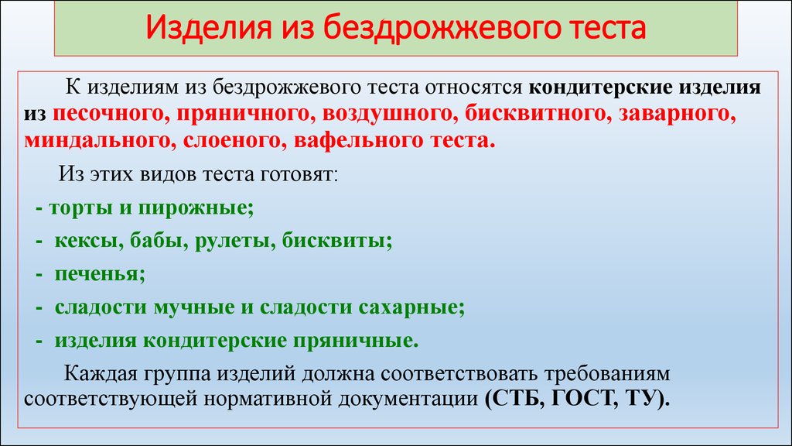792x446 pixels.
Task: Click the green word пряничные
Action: (x=356, y=341)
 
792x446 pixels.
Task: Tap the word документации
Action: (x=408, y=400)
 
